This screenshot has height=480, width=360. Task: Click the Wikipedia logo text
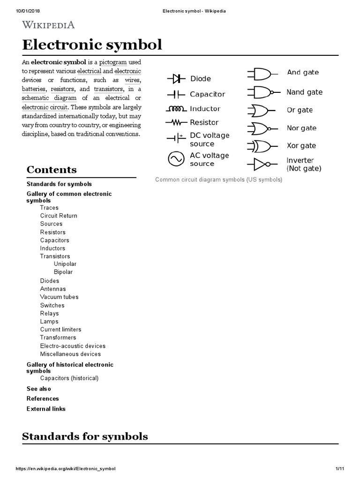pos(48,25)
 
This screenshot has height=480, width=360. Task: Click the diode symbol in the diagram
pos(176,78)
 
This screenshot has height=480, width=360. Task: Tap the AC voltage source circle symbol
pos(176,159)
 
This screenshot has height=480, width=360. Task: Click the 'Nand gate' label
pos(304,92)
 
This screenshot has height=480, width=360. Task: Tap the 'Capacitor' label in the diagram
pos(207,94)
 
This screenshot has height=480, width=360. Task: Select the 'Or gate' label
pos(300,110)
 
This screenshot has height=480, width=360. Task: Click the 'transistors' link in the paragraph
pos(108,89)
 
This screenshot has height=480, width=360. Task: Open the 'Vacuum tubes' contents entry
pos(59,297)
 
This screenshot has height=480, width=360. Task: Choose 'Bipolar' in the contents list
pos(63,272)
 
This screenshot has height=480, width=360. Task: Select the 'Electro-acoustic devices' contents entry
pos(73,346)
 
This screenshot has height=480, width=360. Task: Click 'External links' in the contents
pos(46,409)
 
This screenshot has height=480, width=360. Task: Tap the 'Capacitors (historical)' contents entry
pos(69,378)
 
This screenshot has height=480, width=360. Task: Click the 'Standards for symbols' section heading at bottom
pos(85,436)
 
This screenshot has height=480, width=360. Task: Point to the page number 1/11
pos(340,469)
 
